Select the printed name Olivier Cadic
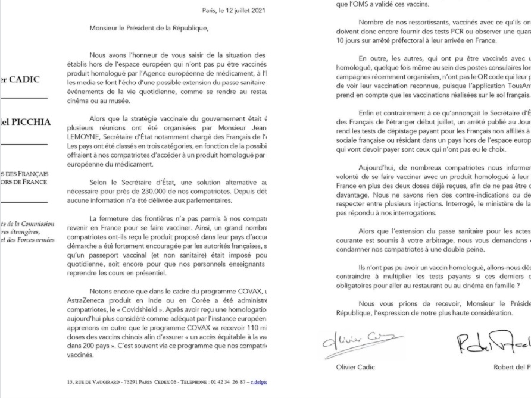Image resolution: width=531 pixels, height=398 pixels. point(355,367)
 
